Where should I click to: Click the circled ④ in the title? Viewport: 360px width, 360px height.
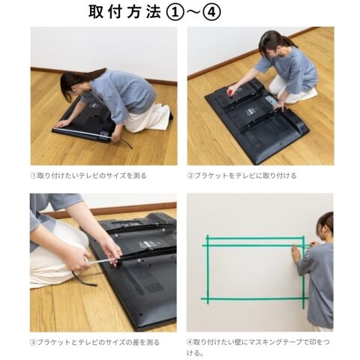[212, 13]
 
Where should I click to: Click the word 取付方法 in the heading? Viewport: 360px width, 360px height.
[124, 12]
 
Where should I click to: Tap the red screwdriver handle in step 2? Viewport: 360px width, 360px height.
[230, 91]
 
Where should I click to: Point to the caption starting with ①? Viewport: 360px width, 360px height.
[88, 175]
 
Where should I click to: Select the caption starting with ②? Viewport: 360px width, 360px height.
[241, 175]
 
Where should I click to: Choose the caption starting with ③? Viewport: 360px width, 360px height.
[94, 342]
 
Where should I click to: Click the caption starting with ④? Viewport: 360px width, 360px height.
[258, 347]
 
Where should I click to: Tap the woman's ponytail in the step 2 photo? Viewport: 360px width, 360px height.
[290, 42]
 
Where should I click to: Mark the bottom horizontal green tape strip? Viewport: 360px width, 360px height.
[254, 298]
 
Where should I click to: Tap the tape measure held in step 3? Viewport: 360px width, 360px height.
[103, 261]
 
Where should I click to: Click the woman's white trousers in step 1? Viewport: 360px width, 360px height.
[148, 118]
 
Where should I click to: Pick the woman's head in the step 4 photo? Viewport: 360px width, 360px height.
[325, 224]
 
